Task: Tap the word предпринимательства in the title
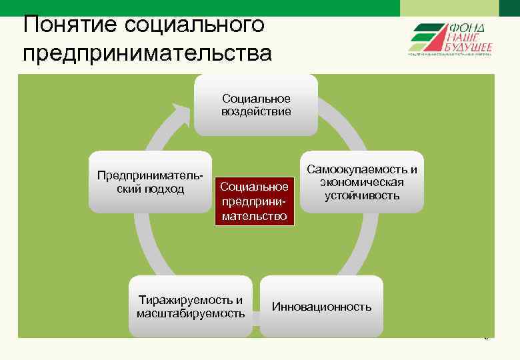147,53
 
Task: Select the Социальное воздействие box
256,105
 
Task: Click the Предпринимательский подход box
150,182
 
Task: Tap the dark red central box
254,201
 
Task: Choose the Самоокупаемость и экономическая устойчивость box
362,182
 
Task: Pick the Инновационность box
321,307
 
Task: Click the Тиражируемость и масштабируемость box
191,307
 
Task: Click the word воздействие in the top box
256,111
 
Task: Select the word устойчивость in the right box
362,195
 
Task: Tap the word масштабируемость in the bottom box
191,313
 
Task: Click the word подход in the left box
165,189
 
